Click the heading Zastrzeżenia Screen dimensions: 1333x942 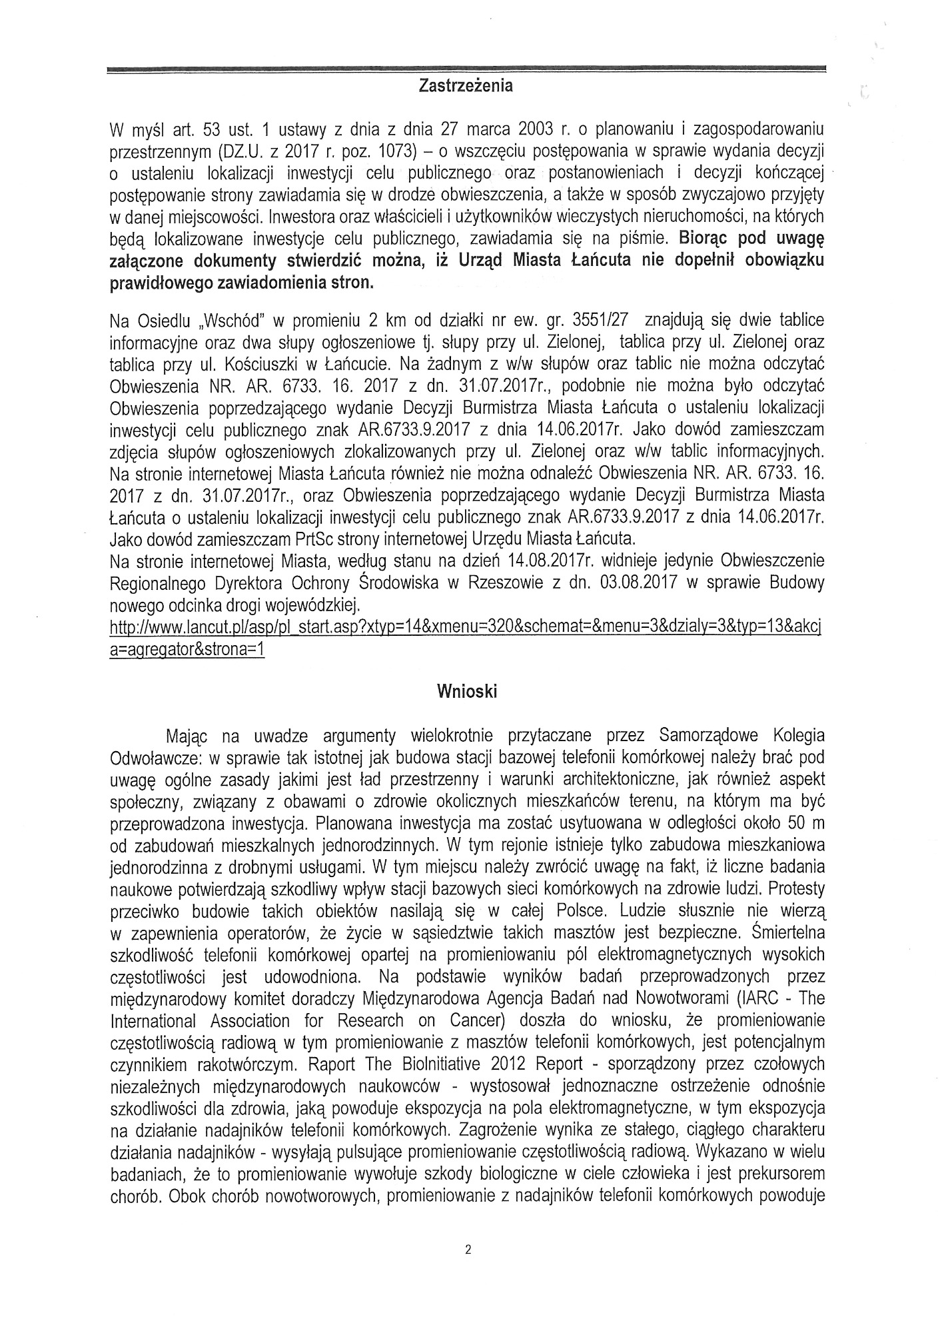(x=466, y=86)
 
